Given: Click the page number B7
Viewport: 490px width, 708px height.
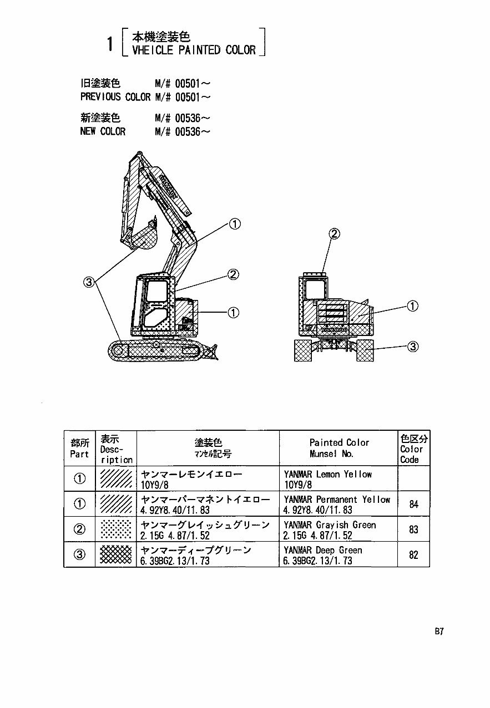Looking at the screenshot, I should [x=440, y=631].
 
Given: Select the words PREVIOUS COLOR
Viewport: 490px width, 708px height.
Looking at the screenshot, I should [x=115, y=97].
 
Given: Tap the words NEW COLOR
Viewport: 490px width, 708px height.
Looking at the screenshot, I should [x=103, y=131].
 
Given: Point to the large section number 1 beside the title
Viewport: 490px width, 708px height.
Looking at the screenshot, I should [x=111, y=44].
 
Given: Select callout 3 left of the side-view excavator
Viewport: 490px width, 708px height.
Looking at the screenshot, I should [x=89, y=282].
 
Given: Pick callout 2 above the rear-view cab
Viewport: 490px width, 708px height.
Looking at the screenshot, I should [x=334, y=234].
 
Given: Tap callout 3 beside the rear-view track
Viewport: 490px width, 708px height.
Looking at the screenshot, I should [x=412, y=347].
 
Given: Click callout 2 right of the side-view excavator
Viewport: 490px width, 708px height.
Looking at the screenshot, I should [x=234, y=274].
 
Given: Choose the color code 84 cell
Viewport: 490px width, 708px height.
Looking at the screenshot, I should [x=413, y=504].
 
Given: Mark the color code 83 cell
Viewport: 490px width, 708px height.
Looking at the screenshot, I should [x=413, y=529].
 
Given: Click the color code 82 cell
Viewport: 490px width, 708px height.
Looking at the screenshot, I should [x=413, y=555].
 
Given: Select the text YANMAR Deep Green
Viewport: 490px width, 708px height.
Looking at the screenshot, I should [x=322, y=550].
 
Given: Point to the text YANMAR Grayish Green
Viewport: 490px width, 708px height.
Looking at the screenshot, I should [x=330, y=524].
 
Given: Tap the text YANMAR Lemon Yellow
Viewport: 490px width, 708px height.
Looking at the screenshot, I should [x=327, y=474].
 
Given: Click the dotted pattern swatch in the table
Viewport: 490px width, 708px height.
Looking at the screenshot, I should [x=116, y=529].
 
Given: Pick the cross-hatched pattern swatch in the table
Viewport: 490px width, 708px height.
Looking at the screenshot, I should [x=116, y=555].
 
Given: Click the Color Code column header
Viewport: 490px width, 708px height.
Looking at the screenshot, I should [x=413, y=449].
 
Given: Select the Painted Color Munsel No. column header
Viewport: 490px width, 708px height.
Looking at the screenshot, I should [x=339, y=448].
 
